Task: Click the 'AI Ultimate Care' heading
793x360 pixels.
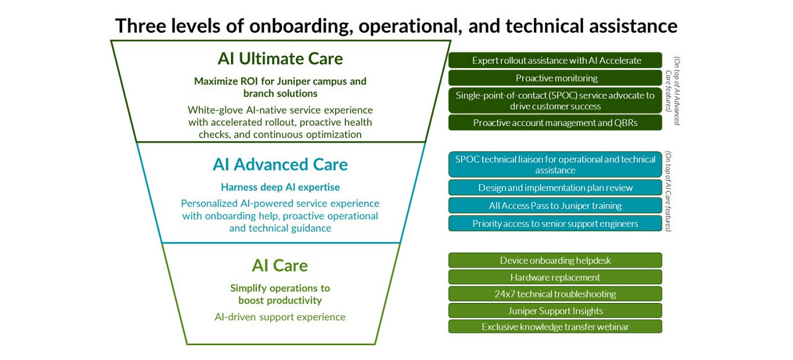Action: [x=280, y=59]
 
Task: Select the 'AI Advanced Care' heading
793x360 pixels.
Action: [x=280, y=164]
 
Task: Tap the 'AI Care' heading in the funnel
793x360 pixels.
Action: [x=280, y=265]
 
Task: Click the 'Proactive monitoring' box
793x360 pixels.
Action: [x=555, y=78]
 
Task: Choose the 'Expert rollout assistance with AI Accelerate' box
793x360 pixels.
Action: [x=555, y=60]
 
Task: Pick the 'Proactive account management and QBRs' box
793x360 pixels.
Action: [x=555, y=123]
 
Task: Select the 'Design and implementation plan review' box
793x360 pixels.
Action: [x=555, y=188]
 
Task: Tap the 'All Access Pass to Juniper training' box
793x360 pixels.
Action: [x=555, y=206]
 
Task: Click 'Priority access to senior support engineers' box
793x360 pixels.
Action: [x=555, y=224]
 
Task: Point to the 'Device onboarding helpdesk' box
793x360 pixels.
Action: [x=555, y=260]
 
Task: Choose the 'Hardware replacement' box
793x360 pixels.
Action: [x=555, y=277]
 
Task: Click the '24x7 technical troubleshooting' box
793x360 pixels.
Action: [x=555, y=294]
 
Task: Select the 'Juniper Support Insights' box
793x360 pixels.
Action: [x=555, y=310]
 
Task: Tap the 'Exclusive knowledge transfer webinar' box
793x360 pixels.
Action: [x=555, y=327]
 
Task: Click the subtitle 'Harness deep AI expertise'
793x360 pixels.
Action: [x=280, y=187]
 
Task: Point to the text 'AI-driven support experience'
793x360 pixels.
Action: [x=280, y=317]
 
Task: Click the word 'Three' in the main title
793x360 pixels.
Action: [x=142, y=26]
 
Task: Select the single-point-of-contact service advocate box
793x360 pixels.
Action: [x=555, y=100]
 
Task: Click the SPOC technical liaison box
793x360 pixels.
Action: [x=555, y=165]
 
